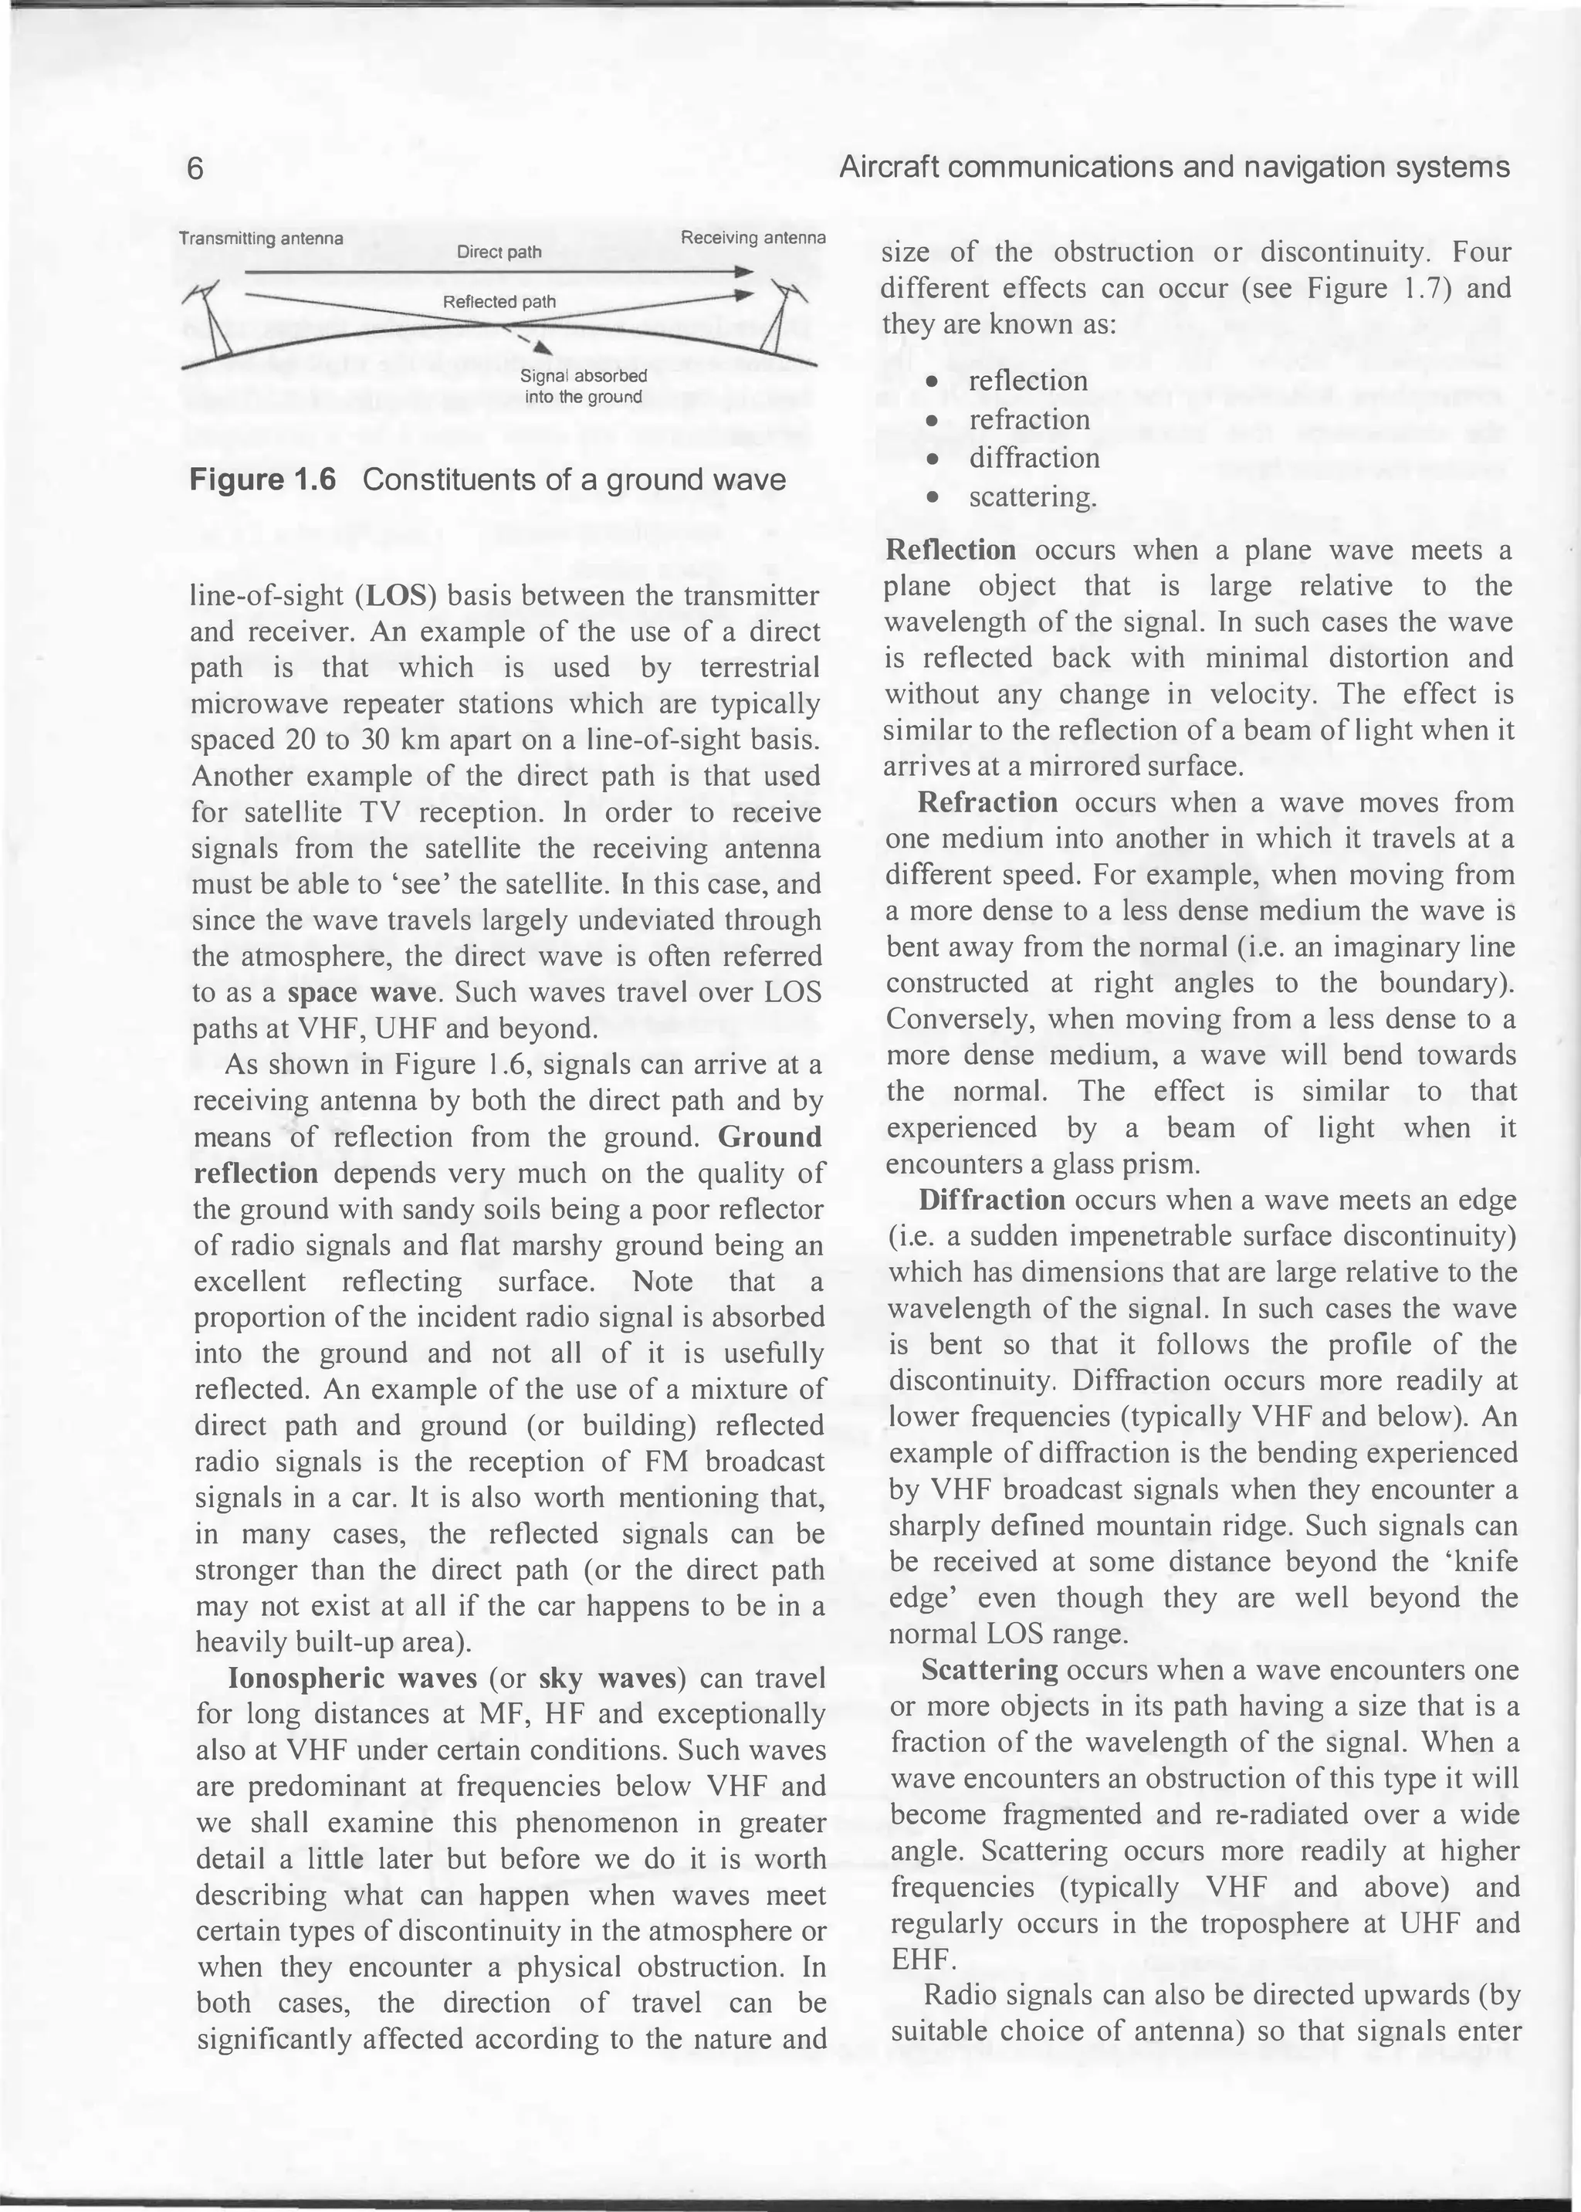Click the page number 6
tap(195, 169)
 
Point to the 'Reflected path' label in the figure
tap(499, 302)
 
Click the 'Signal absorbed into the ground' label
tap(583, 387)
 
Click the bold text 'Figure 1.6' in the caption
tap(262, 480)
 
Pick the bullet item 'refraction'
tap(1028, 419)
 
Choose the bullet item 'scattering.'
tap(1032, 497)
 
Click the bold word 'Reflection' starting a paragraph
tap(950, 550)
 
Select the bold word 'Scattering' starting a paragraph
tap(989, 1670)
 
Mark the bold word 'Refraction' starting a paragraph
tap(987, 802)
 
